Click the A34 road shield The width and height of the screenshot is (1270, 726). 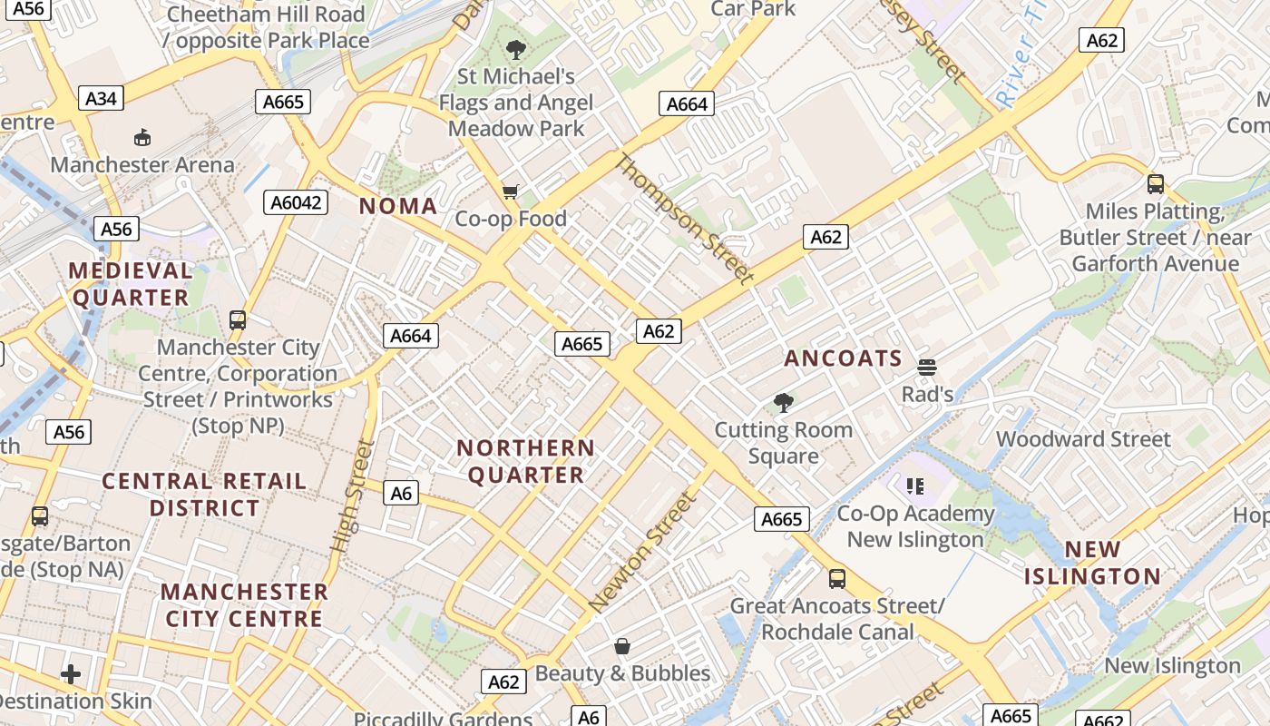(x=101, y=98)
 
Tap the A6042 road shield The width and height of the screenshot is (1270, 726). (x=296, y=202)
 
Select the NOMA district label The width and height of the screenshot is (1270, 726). (x=398, y=206)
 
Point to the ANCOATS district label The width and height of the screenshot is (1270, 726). (x=843, y=358)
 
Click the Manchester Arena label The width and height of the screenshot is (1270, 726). (x=142, y=165)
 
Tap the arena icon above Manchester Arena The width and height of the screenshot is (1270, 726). (x=142, y=137)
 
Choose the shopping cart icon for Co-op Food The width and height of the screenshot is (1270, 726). (x=510, y=191)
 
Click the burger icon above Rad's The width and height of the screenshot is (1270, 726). (x=927, y=368)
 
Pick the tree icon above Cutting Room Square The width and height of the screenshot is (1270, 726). (x=783, y=402)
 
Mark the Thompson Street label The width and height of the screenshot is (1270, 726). (x=685, y=218)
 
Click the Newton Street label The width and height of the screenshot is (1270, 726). (x=643, y=552)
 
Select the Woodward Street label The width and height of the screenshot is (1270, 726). (x=1083, y=439)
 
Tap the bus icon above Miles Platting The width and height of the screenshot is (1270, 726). (x=1156, y=184)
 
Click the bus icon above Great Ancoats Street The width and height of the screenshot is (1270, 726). (x=837, y=578)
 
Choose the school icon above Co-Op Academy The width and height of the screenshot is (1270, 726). (x=915, y=486)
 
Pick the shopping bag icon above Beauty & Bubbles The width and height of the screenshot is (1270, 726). (x=622, y=646)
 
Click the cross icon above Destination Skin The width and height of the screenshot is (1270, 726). (x=71, y=673)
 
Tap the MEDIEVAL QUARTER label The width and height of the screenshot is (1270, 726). (x=131, y=283)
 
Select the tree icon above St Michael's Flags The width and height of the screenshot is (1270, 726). (x=516, y=49)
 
